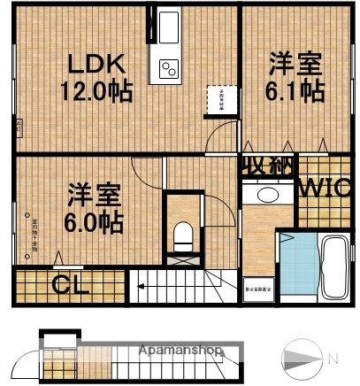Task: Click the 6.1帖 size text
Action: pyautogui.click(x=297, y=90)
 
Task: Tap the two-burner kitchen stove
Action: pyautogui.click(x=168, y=67)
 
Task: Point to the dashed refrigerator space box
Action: pyautogui.click(x=215, y=99)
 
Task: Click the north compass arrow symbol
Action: pyautogui.click(x=302, y=359)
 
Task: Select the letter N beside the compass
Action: pyautogui.click(x=333, y=359)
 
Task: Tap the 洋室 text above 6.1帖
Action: pyautogui.click(x=296, y=65)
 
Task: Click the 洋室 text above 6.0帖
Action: pyautogui.click(x=94, y=192)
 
